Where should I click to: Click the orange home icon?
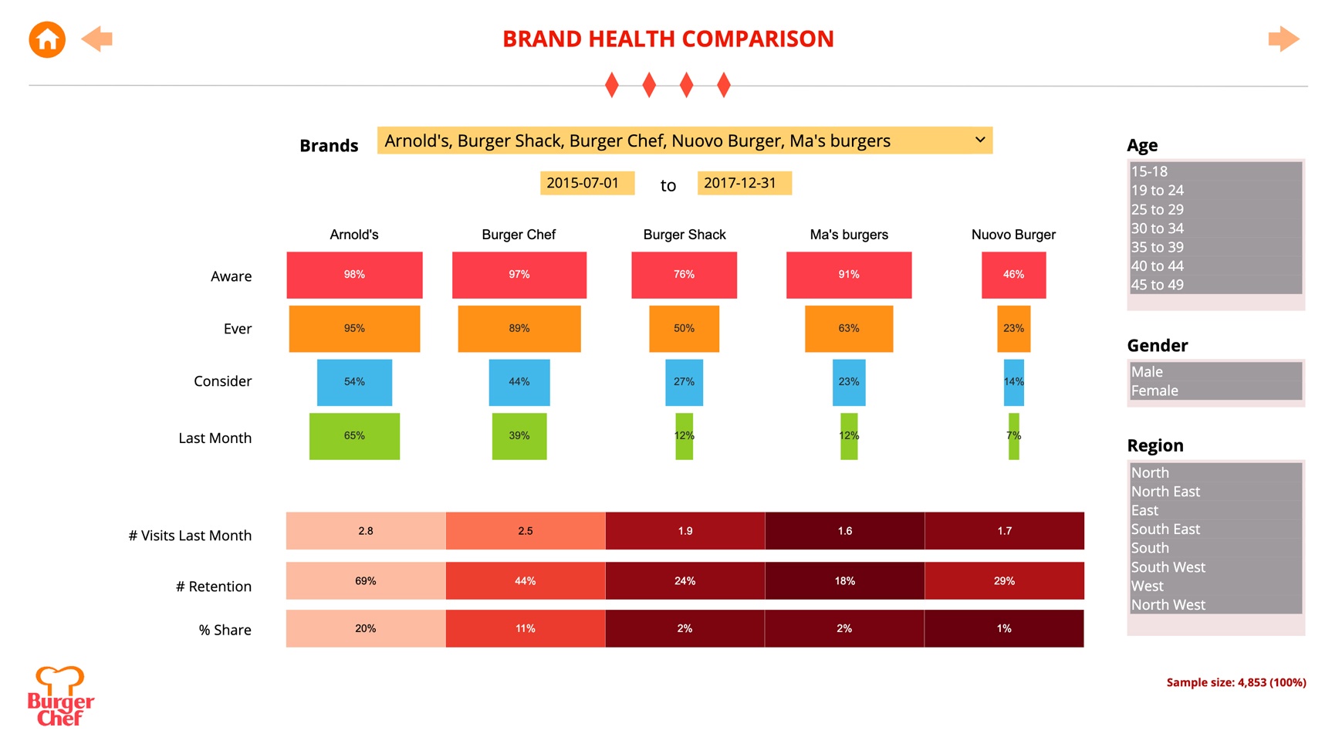click(47, 39)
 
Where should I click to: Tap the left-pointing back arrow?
click(97, 39)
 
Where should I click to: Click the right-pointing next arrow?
click(1283, 39)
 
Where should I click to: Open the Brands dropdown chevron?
click(979, 140)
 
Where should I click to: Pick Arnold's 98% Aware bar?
click(354, 275)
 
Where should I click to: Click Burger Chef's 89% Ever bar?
click(519, 329)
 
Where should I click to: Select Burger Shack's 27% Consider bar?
click(684, 382)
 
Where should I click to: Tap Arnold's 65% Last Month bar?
click(354, 436)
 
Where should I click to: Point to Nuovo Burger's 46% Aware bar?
click(1013, 275)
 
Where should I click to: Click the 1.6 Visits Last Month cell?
click(845, 531)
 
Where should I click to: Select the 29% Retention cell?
click(1004, 581)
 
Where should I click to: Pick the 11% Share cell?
click(525, 629)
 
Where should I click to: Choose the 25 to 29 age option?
click(1158, 209)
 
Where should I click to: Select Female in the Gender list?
click(1154, 391)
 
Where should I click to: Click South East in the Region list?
click(1165, 529)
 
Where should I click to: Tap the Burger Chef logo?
click(60, 697)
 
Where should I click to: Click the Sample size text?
click(1236, 682)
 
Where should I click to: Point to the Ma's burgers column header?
click(849, 235)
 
